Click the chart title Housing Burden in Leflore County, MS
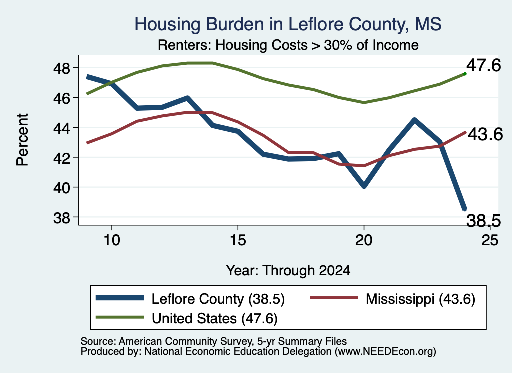288,24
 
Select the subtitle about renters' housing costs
288,45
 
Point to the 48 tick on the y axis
61,68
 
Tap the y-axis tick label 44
61,128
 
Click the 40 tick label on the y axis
61,187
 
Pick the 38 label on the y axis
61,217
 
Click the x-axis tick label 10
112,240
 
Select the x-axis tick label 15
238,240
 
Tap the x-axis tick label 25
490,240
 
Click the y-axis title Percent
23,140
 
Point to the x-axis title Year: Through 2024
288,271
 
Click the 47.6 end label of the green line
483,65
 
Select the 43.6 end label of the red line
485,134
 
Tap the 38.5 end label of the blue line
483,221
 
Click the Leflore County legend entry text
218,299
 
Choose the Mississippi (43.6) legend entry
420,299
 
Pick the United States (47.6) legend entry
215,319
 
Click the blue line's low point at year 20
364,186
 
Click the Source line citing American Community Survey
214,341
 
